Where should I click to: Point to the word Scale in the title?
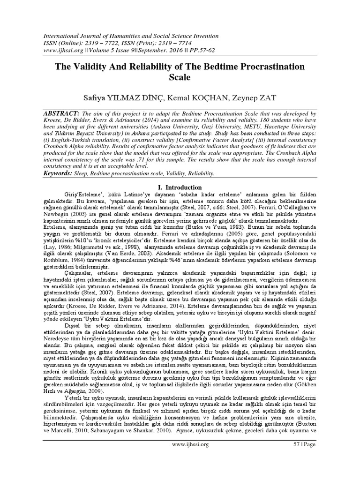tap(180, 78)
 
